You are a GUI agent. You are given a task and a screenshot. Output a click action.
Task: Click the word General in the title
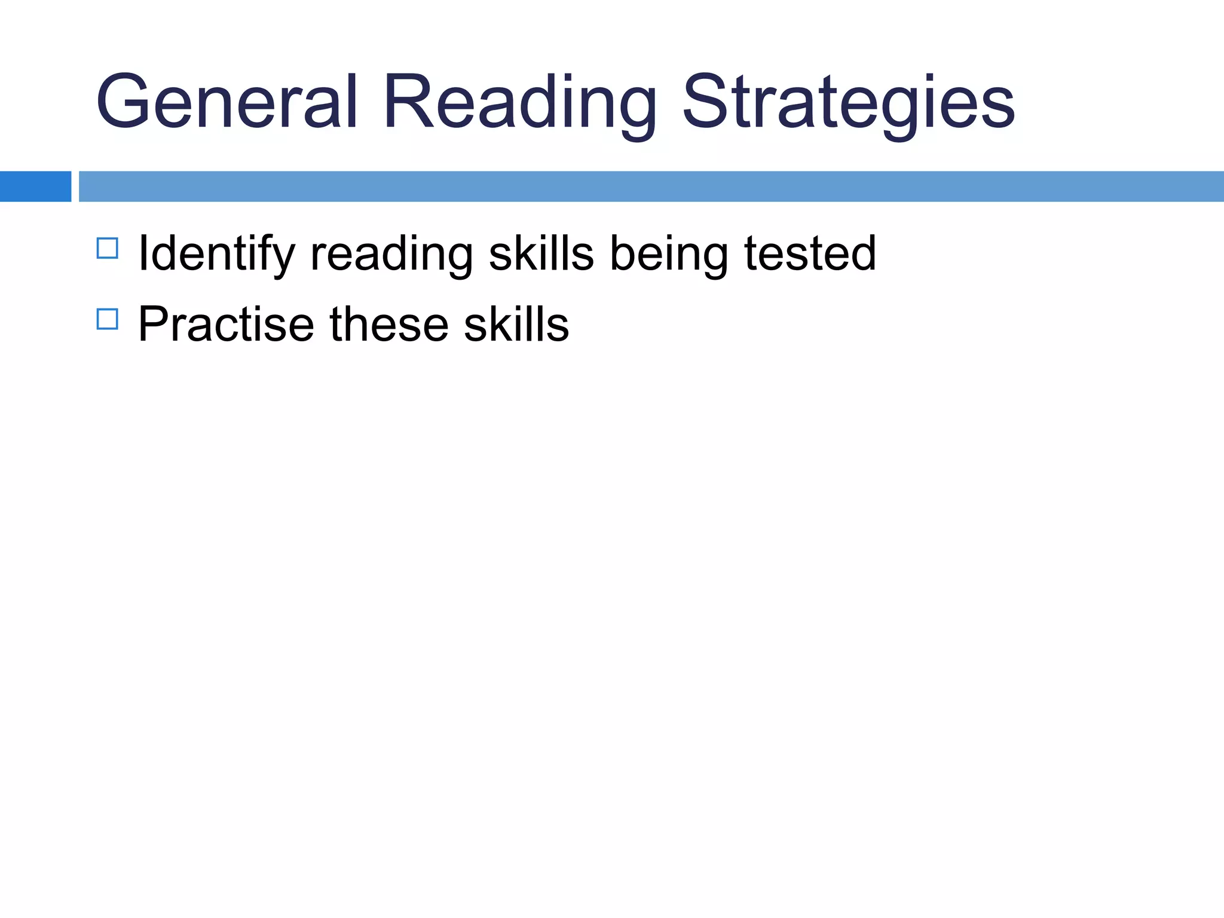(x=227, y=102)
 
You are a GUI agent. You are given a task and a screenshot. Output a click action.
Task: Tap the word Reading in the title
(x=520, y=102)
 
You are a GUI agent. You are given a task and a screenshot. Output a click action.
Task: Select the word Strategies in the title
(x=849, y=102)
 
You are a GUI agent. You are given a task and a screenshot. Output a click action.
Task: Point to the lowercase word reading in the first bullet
(x=391, y=254)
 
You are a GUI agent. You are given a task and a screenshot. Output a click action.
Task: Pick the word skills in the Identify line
(x=541, y=254)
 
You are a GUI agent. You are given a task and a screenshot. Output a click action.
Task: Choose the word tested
(x=810, y=254)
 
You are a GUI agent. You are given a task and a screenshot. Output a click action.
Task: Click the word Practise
(x=226, y=325)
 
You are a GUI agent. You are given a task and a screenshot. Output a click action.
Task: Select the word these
(x=389, y=325)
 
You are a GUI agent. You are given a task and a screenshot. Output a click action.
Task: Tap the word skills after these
(x=516, y=325)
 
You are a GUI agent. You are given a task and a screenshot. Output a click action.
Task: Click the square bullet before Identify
(x=108, y=248)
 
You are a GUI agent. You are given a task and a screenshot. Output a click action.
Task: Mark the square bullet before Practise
(x=108, y=319)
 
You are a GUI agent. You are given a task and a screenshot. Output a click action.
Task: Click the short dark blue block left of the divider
(x=35, y=186)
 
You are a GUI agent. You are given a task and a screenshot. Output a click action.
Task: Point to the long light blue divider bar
(x=651, y=186)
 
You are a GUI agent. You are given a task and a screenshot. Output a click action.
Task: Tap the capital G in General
(x=123, y=102)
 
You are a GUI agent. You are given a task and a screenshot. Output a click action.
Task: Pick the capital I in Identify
(x=143, y=254)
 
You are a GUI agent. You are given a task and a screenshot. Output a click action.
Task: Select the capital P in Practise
(x=155, y=325)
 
